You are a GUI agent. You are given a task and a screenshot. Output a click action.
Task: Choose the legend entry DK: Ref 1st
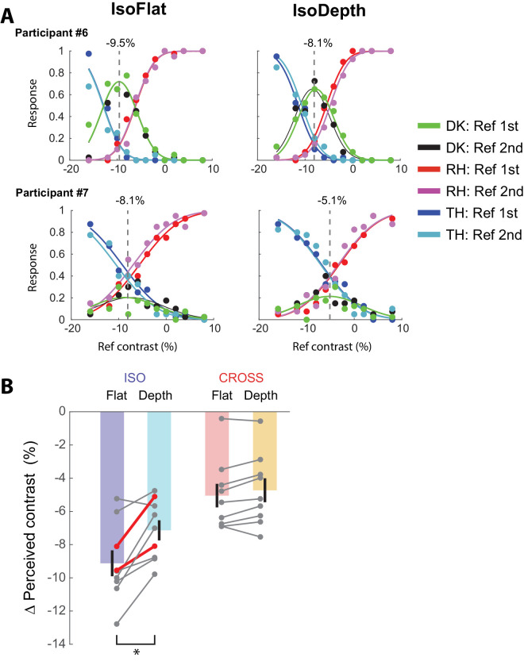tap(460, 125)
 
